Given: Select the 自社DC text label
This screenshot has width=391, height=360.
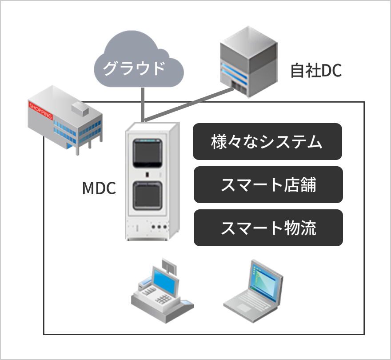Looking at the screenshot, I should pyautogui.click(x=316, y=71).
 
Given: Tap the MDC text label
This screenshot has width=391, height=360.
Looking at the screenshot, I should pyautogui.click(x=99, y=188).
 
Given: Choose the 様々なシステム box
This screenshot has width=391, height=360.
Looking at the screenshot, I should pyautogui.click(x=267, y=142).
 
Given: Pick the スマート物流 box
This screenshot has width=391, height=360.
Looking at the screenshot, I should pyautogui.click(x=268, y=228).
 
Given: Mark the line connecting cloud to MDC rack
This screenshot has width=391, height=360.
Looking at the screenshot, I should pyautogui.click(x=143, y=104).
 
